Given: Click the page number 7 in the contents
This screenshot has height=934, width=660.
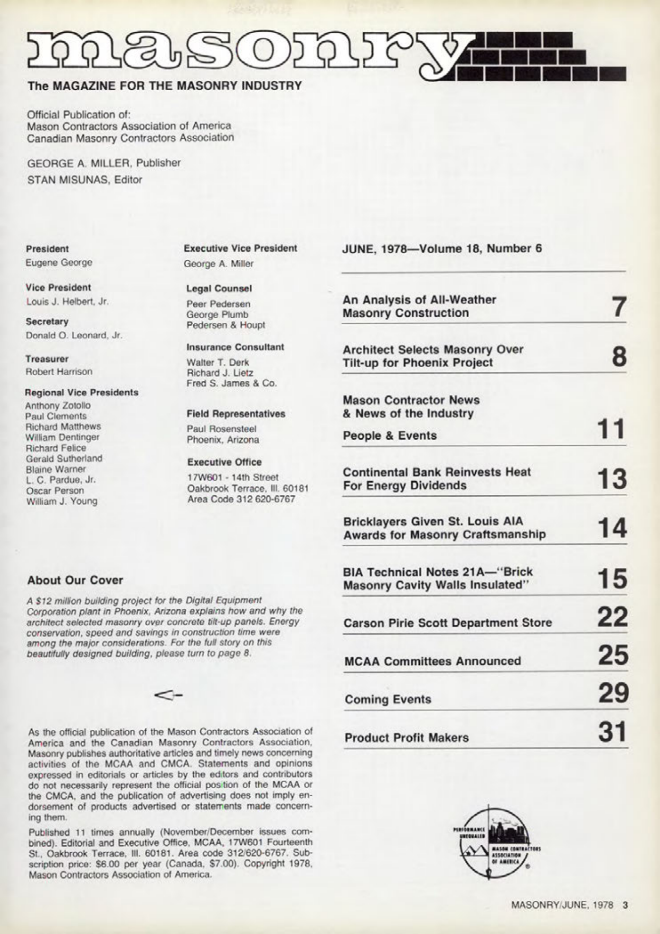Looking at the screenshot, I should tap(617, 306).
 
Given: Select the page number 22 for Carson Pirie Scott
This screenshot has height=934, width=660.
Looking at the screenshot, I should tap(613, 618).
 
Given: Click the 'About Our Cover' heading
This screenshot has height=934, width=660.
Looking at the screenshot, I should tap(75, 580).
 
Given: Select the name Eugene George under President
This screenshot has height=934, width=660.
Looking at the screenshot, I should tap(59, 263).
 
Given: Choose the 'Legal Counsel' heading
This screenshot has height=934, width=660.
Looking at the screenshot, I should tap(219, 288).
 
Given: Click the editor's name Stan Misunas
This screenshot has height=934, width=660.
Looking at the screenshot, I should tap(85, 179).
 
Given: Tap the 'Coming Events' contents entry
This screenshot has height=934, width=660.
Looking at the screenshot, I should tap(388, 699).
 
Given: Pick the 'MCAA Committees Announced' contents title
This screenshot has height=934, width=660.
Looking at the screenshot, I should tap(432, 661).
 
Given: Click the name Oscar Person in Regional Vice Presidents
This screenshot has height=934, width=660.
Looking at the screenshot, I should tap(55, 491).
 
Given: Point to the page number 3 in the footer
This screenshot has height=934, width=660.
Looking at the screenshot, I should tap(625, 905).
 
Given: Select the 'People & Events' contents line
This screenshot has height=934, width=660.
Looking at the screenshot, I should tap(390, 435).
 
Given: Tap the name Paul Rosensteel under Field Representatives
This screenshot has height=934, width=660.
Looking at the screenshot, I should tap(221, 429).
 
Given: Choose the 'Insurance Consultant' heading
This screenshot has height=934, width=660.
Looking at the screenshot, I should tap(235, 347).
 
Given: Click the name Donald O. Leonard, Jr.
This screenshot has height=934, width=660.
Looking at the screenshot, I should tap(74, 335).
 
